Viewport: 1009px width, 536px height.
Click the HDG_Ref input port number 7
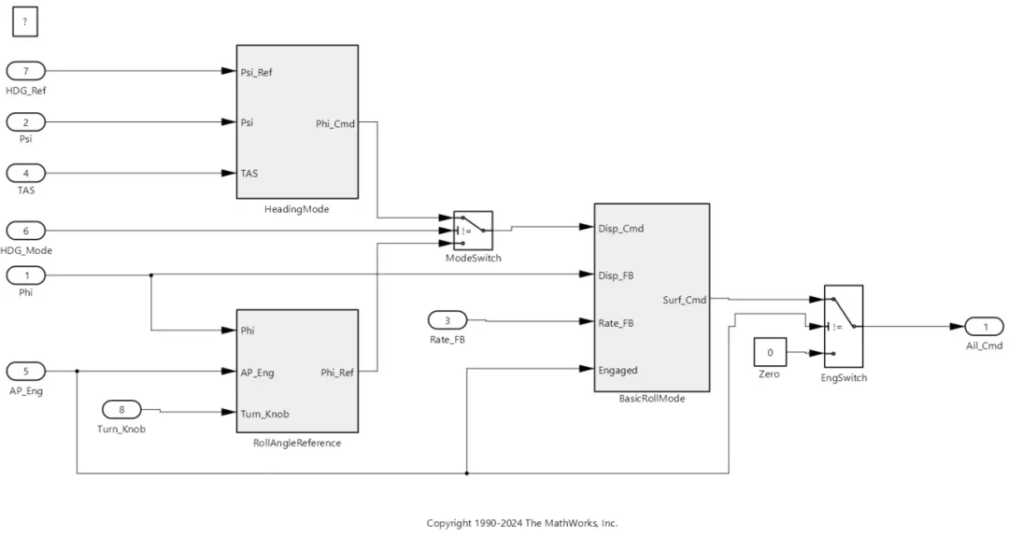[x=26, y=70]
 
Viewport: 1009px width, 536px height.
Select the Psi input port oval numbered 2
[x=26, y=121]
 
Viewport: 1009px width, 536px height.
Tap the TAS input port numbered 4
[x=26, y=173]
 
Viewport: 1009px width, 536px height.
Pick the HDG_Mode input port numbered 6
[x=26, y=230]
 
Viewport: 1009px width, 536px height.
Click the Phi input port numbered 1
[x=26, y=275]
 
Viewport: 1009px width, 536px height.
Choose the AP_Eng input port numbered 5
[x=26, y=372]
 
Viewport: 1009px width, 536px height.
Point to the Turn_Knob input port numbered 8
[x=121, y=409]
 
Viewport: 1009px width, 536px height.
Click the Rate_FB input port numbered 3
[x=448, y=320]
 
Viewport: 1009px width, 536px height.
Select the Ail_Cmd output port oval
[x=985, y=327]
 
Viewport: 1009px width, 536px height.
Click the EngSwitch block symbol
[x=843, y=326]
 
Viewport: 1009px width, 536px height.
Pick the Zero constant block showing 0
[x=770, y=353]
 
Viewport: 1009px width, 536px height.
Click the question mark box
[x=25, y=21]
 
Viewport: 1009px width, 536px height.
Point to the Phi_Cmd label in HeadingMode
[x=335, y=123]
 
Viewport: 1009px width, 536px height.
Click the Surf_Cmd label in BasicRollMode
[x=685, y=300]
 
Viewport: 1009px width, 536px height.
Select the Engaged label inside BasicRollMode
[x=618, y=370]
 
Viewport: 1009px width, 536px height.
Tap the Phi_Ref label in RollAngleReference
[x=336, y=372]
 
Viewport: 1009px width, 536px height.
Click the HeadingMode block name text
[x=297, y=209]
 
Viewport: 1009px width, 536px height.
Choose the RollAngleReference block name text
[x=297, y=443]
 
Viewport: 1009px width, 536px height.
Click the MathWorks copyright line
[x=521, y=523]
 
